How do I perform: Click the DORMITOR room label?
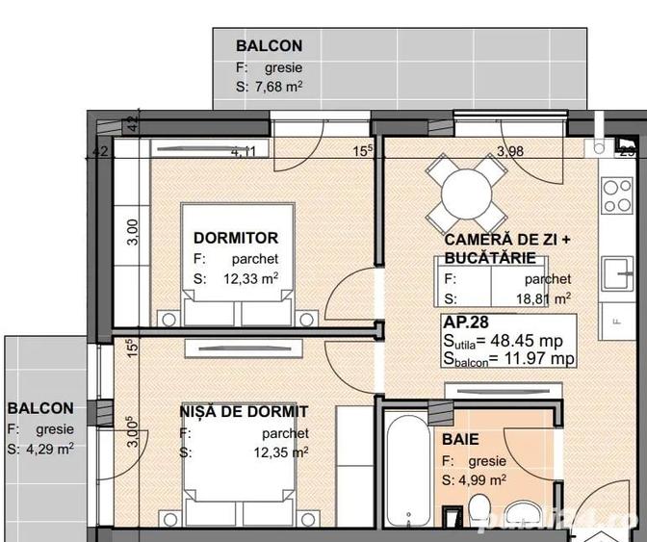click(236, 238)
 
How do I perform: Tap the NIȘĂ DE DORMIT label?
click(244, 412)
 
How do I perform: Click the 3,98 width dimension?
click(510, 150)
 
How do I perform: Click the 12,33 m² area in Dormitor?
click(251, 279)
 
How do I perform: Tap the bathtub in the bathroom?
click(401, 472)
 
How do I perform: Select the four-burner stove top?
click(614, 196)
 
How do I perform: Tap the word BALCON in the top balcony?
click(269, 45)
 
